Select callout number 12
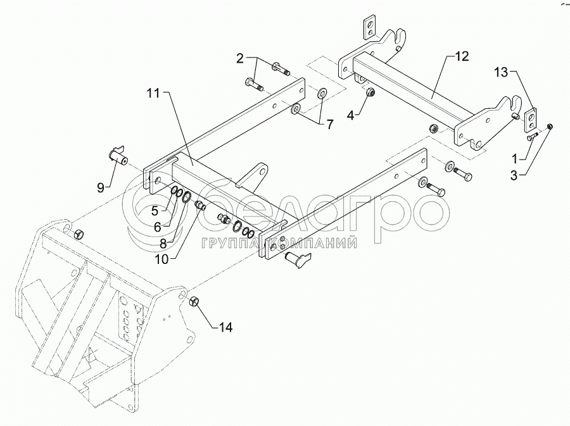(x=462, y=56)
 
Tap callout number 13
(x=501, y=74)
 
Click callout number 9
(x=101, y=187)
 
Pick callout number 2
(x=240, y=59)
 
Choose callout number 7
(x=329, y=125)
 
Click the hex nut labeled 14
(x=195, y=301)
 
